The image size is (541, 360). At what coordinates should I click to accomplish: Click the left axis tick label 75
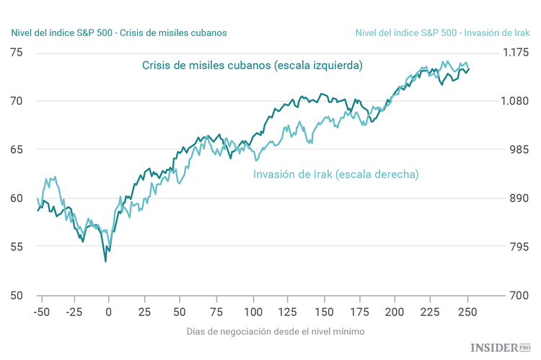point(16,53)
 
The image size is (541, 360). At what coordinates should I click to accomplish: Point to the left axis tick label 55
point(16,247)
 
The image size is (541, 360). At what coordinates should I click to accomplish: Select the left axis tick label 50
point(16,295)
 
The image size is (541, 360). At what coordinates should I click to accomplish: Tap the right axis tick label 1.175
point(515,53)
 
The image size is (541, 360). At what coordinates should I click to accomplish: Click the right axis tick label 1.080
point(515,101)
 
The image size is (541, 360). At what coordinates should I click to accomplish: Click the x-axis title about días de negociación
point(276,331)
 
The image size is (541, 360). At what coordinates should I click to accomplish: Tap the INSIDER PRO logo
point(501,348)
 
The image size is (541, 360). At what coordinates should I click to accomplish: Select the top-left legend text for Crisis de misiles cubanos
point(119,32)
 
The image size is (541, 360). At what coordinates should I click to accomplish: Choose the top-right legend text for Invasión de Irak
point(443,32)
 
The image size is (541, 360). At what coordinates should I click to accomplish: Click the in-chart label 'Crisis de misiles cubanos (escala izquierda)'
point(252,65)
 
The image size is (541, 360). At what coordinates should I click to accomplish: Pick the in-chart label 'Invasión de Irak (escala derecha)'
point(336,174)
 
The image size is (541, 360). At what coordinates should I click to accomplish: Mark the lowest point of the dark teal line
point(106,261)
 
